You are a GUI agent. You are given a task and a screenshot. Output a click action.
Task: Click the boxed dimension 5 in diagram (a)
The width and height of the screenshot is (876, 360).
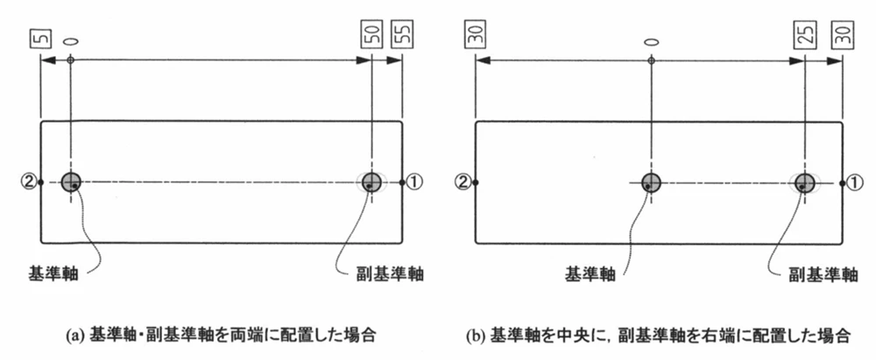coord(39,38)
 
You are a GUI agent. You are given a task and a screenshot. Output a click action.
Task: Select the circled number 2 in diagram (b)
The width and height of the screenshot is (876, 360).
coord(463,182)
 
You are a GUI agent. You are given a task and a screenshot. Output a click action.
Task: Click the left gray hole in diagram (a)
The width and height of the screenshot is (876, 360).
coord(73,182)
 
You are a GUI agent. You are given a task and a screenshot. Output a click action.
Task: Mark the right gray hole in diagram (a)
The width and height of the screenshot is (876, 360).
coord(371,182)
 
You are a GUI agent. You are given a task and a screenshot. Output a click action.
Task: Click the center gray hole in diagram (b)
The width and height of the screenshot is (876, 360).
coord(651,182)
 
